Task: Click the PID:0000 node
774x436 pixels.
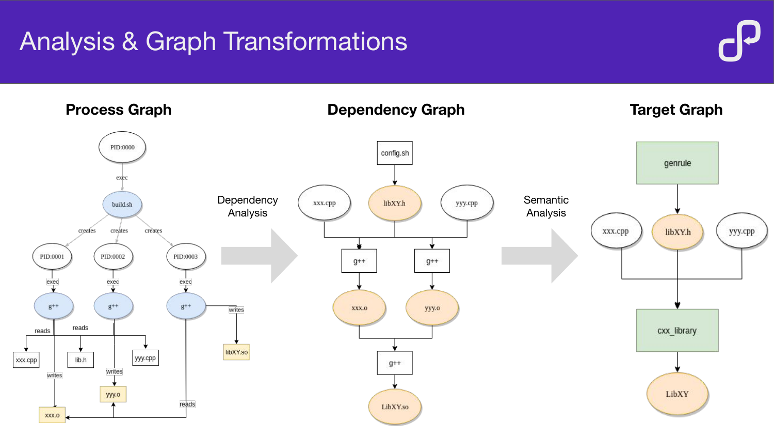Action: point(122,147)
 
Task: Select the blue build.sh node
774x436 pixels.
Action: point(122,205)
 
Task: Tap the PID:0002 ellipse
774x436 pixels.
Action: point(113,256)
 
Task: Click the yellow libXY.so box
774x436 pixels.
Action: point(236,352)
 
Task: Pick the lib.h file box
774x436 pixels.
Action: point(81,360)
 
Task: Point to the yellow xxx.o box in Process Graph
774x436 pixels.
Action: point(52,415)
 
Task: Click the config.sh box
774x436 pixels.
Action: point(395,153)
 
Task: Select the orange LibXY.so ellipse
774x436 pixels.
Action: point(395,407)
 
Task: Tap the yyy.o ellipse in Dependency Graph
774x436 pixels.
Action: point(432,308)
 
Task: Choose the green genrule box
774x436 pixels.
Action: point(677,163)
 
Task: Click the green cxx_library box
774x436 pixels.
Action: point(677,331)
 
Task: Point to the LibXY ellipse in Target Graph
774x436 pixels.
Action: point(677,394)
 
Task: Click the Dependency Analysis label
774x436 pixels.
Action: point(248,206)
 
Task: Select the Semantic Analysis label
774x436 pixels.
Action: point(546,206)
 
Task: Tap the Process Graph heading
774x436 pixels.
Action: point(119,110)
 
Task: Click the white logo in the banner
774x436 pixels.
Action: point(739,41)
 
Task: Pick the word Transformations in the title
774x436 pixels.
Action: point(315,41)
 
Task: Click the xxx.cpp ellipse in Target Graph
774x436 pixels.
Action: point(616,231)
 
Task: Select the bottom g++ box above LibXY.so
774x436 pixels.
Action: point(395,363)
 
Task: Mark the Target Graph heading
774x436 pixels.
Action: point(676,110)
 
